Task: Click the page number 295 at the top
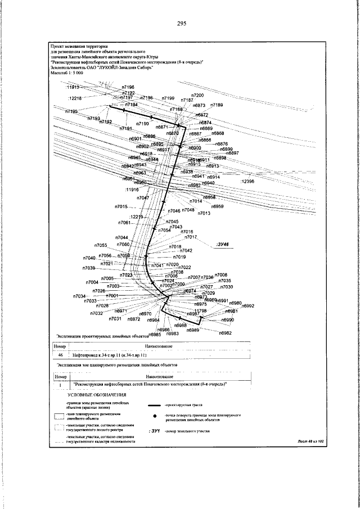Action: [181, 23]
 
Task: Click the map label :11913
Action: [74, 88]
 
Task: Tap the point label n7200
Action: [197, 96]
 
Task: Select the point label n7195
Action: [71, 112]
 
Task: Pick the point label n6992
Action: [247, 306]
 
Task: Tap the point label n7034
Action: [79, 296]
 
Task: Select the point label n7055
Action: [101, 245]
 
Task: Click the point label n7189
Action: [217, 105]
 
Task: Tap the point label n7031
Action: [115, 319]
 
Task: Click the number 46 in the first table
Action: [61, 355]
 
